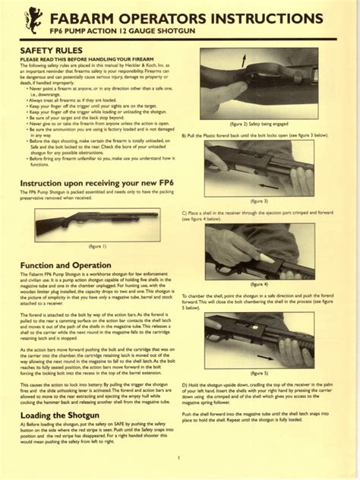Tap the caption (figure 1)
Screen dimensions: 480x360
click(x=97, y=247)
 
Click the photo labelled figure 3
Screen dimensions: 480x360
click(x=260, y=168)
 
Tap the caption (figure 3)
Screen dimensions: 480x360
click(x=260, y=201)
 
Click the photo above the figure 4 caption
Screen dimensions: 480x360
click(x=260, y=251)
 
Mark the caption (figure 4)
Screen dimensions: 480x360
click(x=260, y=283)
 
